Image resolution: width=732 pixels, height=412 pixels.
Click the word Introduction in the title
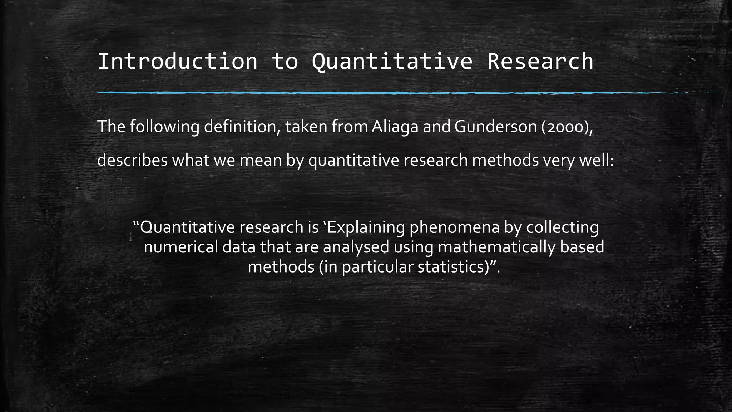177,61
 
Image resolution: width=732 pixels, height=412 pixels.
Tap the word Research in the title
540,61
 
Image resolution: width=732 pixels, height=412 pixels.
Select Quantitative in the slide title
392,61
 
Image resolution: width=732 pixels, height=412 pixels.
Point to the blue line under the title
357,93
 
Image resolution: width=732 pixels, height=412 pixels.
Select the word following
164,127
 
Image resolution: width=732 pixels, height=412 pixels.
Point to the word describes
132,160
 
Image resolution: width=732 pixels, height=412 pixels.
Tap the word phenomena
454,227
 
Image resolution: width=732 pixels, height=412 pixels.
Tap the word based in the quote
582,247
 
